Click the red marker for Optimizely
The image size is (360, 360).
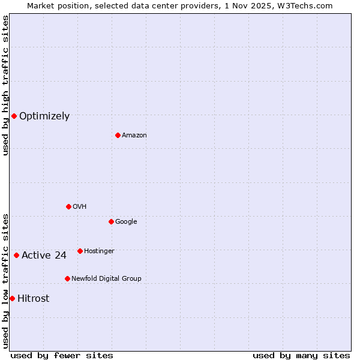pos(14,116)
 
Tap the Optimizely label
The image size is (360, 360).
pos(44,116)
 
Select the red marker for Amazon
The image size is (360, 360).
pos(118,135)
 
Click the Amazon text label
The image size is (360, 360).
pos(134,136)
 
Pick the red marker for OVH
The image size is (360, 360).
pos(68,206)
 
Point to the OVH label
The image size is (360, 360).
pos(80,207)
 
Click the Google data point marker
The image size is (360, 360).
pos(111,221)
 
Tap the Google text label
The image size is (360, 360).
pos(126,222)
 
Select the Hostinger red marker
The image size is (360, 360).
pos(80,251)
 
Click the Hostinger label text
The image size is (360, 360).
pos(99,251)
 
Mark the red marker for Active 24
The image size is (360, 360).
pos(16,255)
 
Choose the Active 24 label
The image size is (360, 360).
pos(44,256)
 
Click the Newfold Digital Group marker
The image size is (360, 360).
pos(67,278)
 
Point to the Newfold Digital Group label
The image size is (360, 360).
pos(106,279)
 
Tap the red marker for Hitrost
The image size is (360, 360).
pos(12,298)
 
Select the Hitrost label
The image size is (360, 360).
pos(34,299)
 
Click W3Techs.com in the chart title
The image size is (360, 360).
pos(309,5)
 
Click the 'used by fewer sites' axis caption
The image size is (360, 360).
pos(62,355)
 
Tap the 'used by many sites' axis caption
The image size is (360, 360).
pos(301,355)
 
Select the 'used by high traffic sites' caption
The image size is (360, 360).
pos(5,85)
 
